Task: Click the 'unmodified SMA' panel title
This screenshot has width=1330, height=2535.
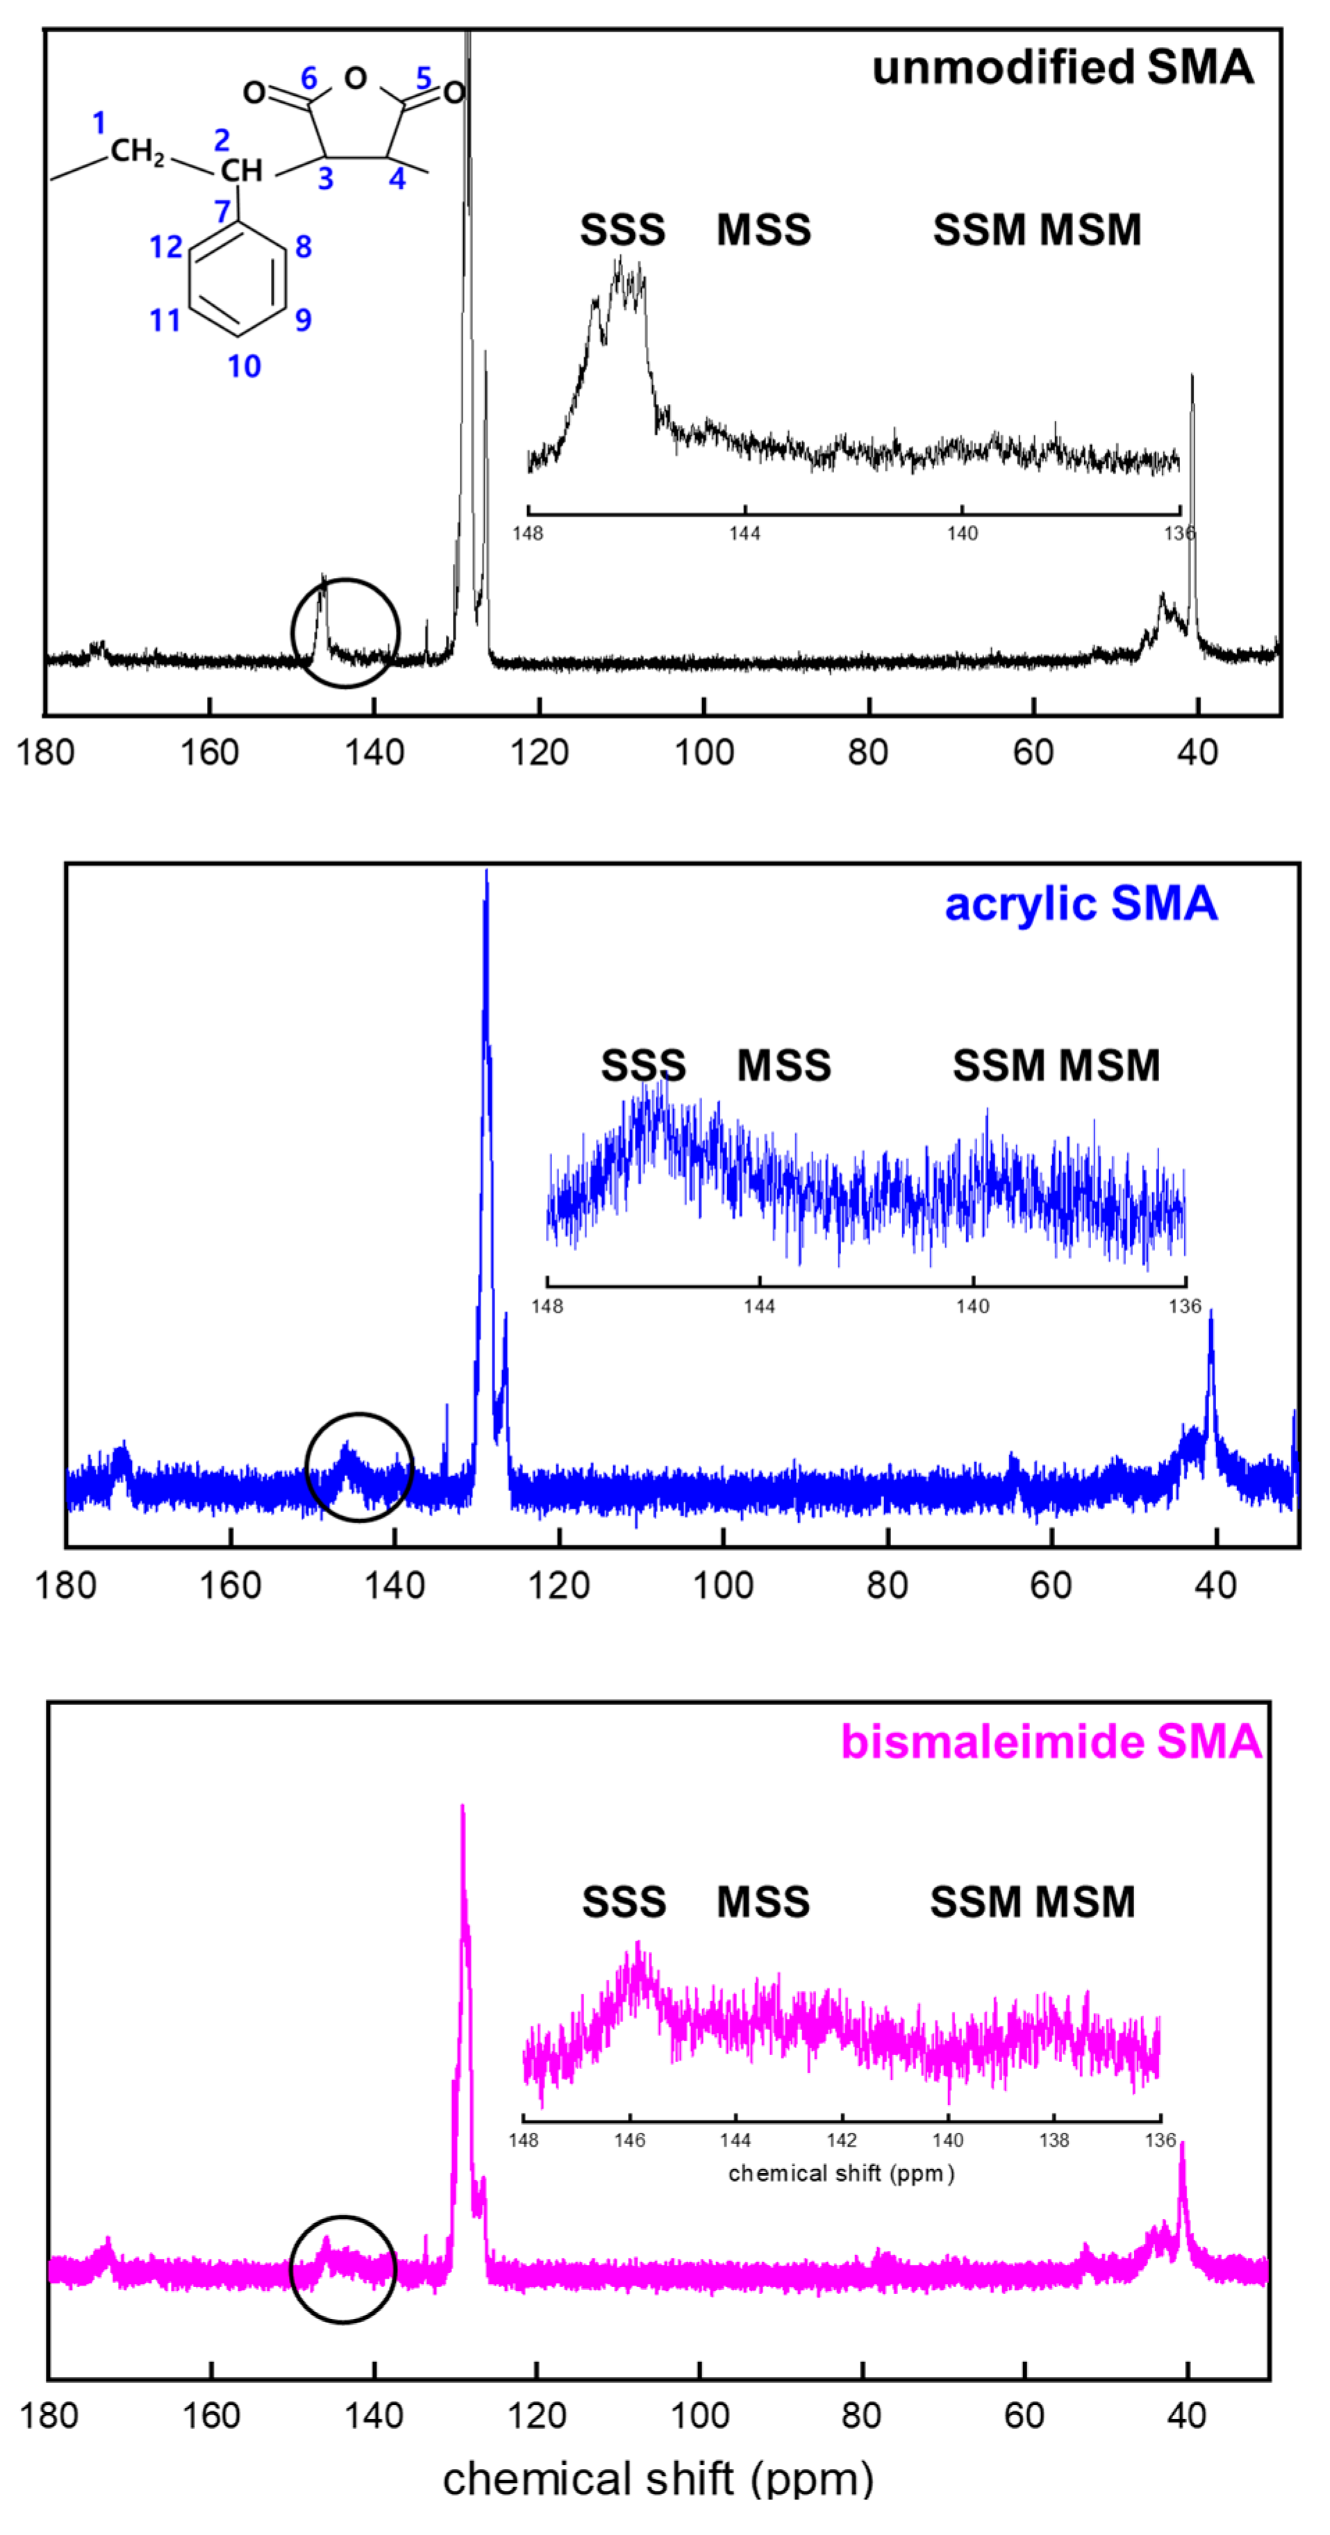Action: pyautogui.click(x=1063, y=69)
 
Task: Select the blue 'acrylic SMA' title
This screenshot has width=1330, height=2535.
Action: pyautogui.click(x=1080, y=904)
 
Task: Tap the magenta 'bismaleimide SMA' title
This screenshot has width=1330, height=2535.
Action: pyautogui.click(x=1051, y=1742)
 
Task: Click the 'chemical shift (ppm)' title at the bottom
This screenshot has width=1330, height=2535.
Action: pyautogui.click(x=658, y=2479)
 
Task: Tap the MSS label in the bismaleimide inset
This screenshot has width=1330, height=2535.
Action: pyautogui.click(x=763, y=1902)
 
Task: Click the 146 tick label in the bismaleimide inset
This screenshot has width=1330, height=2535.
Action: pyautogui.click(x=630, y=2139)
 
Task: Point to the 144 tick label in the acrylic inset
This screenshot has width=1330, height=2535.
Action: pyautogui.click(x=759, y=1306)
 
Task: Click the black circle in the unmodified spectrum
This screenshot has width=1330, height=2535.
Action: pyautogui.click(x=345, y=633)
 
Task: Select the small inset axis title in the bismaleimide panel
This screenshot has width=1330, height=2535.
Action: pyautogui.click(x=841, y=2173)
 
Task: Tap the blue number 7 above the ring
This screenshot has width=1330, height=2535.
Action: pyautogui.click(x=222, y=210)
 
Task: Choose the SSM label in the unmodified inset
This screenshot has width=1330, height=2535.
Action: pyautogui.click(x=981, y=231)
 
